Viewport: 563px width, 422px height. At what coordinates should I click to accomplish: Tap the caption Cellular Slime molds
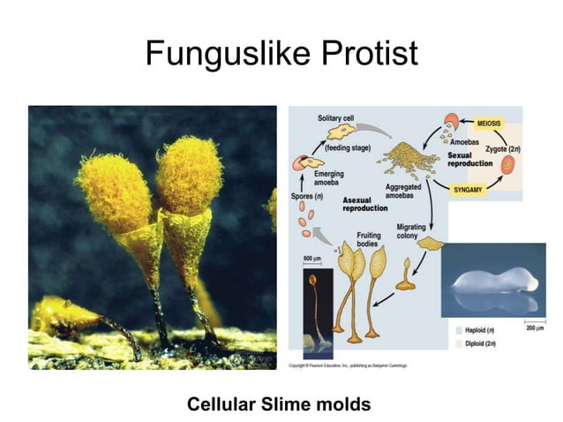[x=279, y=404]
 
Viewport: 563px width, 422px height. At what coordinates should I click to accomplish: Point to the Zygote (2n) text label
[x=504, y=150]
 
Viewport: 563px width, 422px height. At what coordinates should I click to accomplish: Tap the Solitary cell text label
[x=338, y=118]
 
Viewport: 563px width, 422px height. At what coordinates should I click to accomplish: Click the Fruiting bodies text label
[x=369, y=239]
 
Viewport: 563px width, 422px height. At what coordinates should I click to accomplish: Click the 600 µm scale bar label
[x=312, y=258]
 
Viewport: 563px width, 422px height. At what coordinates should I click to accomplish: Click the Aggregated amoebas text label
[x=402, y=192]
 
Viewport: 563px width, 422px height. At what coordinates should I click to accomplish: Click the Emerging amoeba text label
[x=329, y=178]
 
